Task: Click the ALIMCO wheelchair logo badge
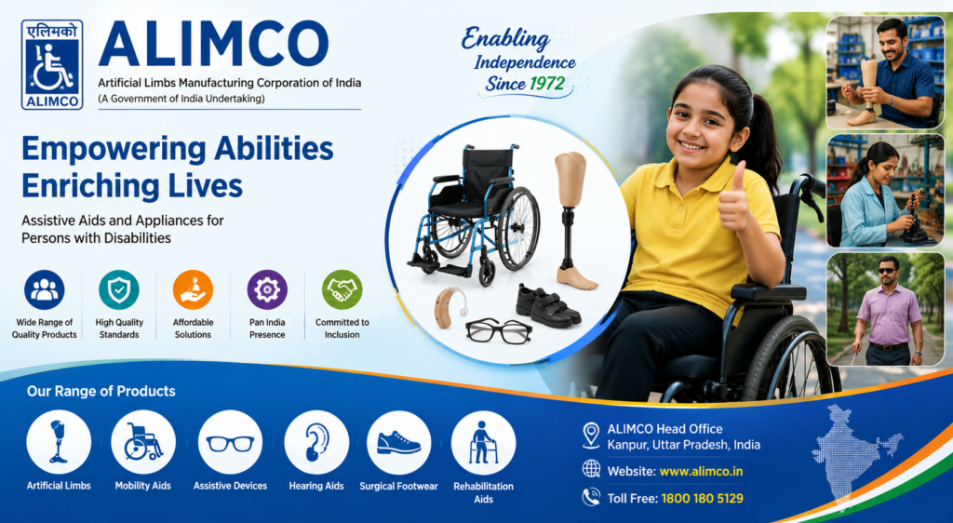click(52, 64)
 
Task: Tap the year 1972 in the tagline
click(547, 83)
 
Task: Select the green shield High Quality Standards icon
click(119, 289)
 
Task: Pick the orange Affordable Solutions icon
click(193, 289)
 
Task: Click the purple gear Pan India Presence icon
click(267, 289)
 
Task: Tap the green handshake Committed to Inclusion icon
click(342, 289)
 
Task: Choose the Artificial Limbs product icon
click(59, 442)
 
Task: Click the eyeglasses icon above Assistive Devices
click(231, 442)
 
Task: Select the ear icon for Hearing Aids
click(316, 442)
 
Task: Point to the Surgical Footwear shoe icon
click(398, 442)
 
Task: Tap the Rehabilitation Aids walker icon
click(483, 442)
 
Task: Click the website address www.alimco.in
click(701, 472)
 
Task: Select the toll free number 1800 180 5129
click(702, 499)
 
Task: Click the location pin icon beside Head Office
click(591, 436)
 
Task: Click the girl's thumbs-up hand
click(733, 200)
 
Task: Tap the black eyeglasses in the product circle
click(499, 330)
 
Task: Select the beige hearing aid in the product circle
click(450, 307)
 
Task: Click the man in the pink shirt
click(889, 311)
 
